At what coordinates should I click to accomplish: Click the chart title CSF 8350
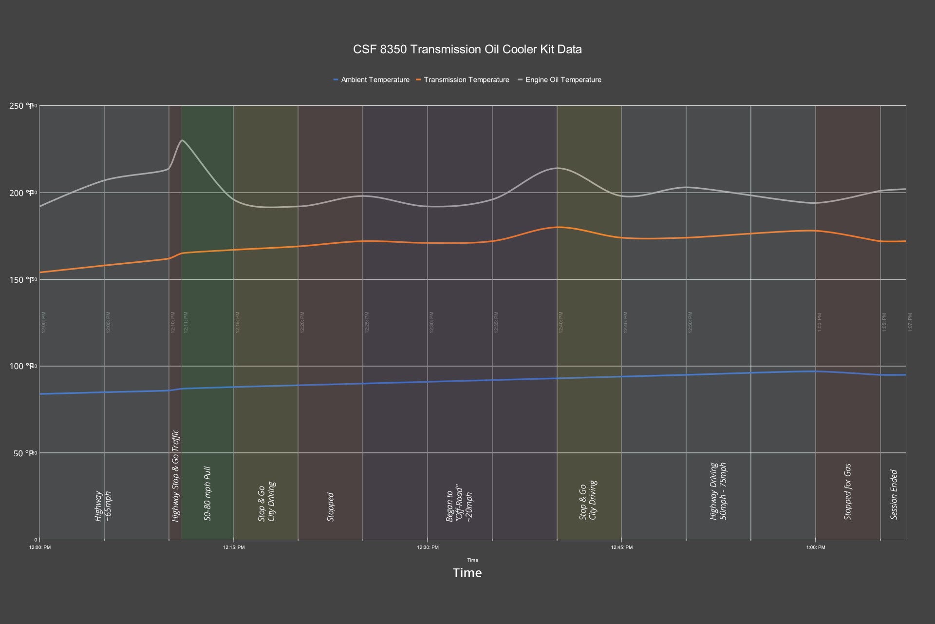coord(467,49)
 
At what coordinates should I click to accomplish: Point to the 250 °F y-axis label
coord(21,106)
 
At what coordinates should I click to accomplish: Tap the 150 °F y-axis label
coord(21,280)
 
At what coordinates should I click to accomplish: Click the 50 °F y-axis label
coord(21,453)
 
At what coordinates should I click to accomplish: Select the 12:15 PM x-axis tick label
coord(234,547)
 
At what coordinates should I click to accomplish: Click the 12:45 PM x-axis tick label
coord(622,547)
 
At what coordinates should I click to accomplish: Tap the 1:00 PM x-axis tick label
coord(816,547)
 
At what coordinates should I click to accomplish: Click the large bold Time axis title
coord(467,573)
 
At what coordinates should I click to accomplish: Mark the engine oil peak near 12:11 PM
coord(182,140)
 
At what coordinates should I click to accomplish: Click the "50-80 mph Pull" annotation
coord(207,493)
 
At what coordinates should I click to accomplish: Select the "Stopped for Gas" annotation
coord(848,492)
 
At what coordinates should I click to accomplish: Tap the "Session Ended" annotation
coord(894,494)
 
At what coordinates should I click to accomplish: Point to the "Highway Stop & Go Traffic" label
coord(176,475)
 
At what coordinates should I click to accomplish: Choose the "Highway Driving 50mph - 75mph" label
coord(718,491)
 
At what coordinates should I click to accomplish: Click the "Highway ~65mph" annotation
coord(103,506)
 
